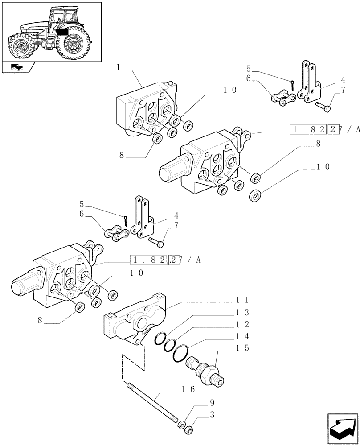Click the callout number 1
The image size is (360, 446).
[118, 67]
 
